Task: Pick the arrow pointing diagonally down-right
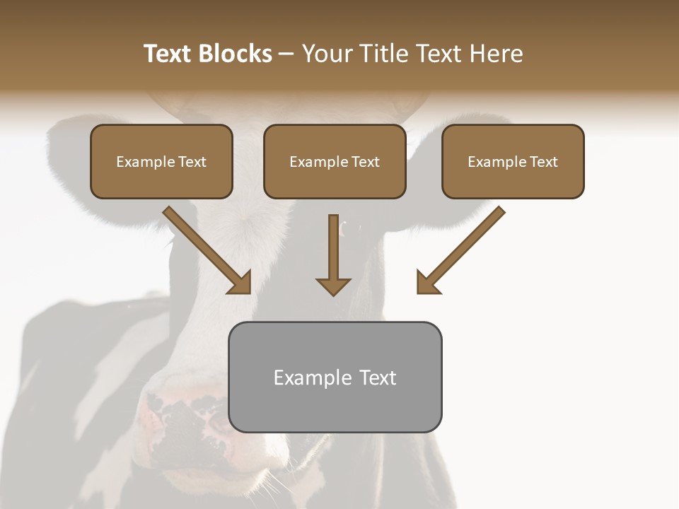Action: pyautogui.click(x=208, y=250)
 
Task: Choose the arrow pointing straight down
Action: pyautogui.click(x=333, y=255)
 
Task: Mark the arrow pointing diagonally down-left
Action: pyautogui.click(x=460, y=250)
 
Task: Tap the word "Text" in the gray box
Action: pyautogui.click(x=378, y=378)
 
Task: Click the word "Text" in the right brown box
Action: pyautogui.click(x=543, y=162)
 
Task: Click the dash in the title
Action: pyautogui.click(x=286, y=54)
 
